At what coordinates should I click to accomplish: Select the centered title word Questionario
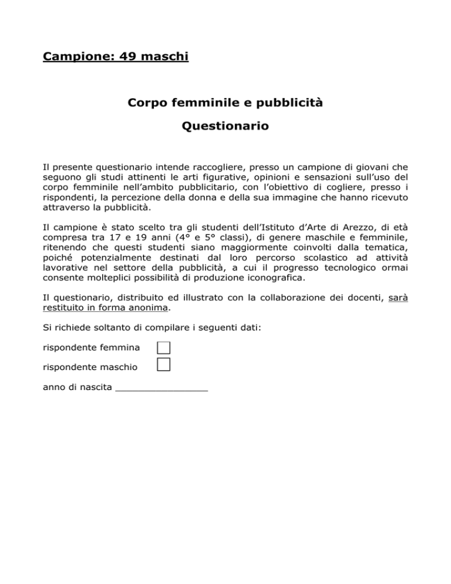click(225, 126)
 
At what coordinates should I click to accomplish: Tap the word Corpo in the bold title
click(146, 103)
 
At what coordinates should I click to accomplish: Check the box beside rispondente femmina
click(163, 348)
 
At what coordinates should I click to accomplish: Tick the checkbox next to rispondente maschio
click(163, 366)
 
